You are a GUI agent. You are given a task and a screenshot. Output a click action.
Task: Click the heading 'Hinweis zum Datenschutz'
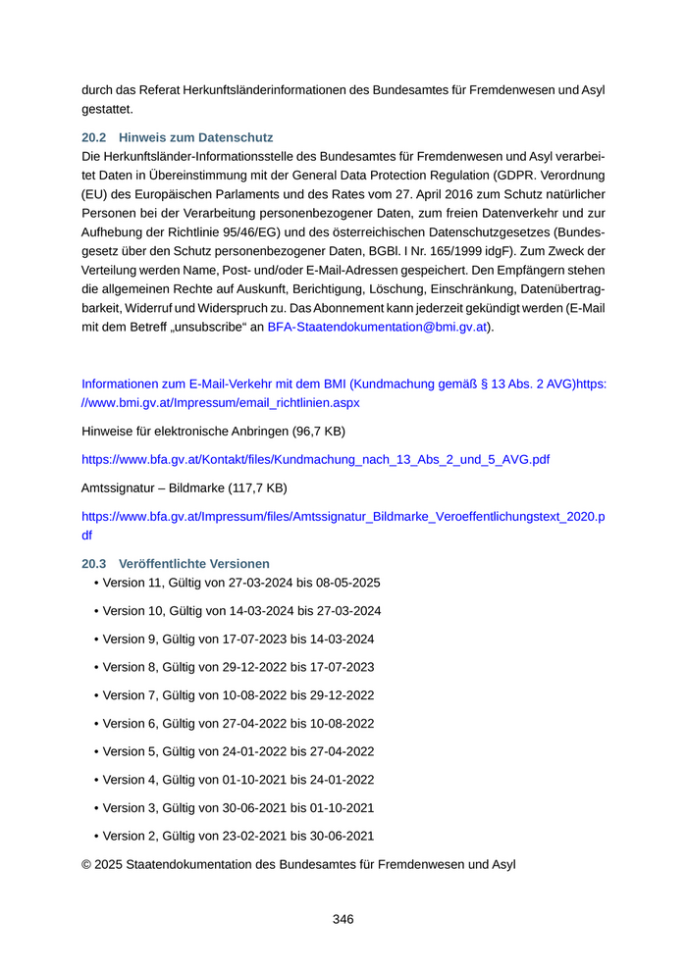195,137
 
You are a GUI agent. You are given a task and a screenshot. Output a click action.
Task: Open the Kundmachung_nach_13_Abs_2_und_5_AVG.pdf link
315,458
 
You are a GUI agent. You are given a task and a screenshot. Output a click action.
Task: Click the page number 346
343,919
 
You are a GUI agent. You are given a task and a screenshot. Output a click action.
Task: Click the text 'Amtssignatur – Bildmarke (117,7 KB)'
185,486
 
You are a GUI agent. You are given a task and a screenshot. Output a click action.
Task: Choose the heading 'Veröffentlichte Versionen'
193,564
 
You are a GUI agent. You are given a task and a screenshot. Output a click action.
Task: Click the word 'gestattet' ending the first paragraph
108,109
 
